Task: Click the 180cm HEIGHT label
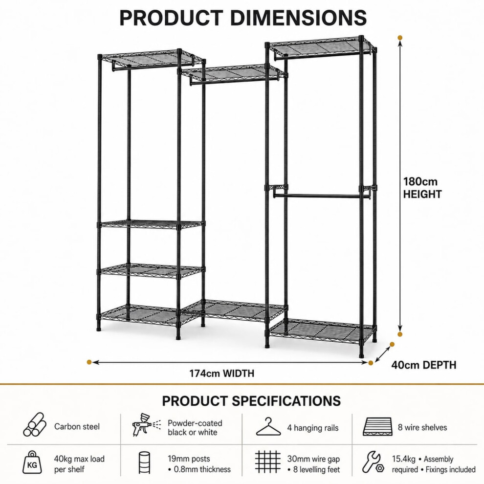(422, 188)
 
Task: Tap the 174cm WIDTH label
(221, 374)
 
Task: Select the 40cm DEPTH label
(423, 365)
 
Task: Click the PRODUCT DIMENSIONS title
(243, 18)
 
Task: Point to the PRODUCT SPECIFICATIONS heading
(251, 401)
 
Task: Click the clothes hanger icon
(268, 427)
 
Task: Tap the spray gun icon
(146, 425)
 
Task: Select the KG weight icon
(32, 462)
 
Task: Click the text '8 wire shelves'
(422, 427)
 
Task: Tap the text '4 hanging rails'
(313, 428)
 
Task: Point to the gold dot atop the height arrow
(400, 38)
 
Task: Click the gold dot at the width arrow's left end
(89, 362)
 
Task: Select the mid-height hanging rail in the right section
(321, 196)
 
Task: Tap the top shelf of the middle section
(233, 74)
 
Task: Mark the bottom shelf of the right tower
(322, 330)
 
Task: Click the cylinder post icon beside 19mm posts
(144, 462)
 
